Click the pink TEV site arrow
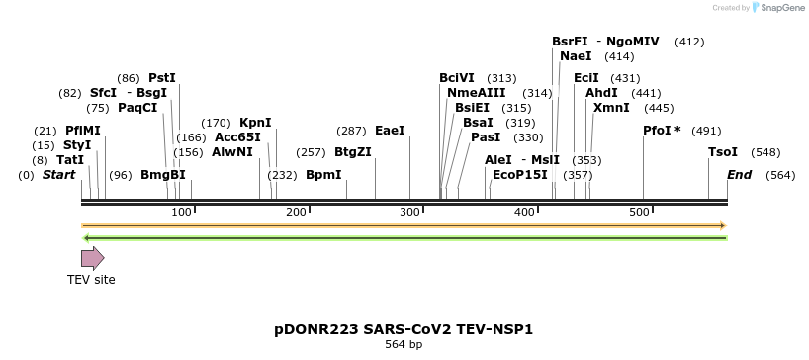pos(92,259)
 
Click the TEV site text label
pos(91,280)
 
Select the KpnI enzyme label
pos(255,123)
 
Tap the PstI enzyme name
pos(162,78)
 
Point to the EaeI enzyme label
pos(390,131)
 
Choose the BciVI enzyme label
pos(457,78)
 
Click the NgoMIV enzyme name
pos(633,42)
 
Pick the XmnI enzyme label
pos(610,108)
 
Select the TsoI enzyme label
pos(723,152)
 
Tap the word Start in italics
pos(58,175)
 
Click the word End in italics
pos(739,175)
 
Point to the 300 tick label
pos(409,212)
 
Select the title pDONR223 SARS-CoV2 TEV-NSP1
pos(403,328)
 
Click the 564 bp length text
pos(404,345)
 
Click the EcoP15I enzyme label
pos(519,175)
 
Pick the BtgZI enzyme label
pos(353,152)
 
